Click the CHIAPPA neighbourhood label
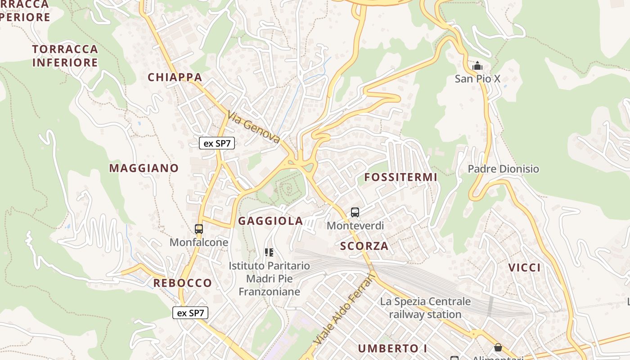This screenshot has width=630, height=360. point(175,77)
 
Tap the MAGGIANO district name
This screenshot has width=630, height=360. point(144,168)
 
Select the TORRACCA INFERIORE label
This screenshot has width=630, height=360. point(65,56)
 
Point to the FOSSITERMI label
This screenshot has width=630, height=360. point(400,177)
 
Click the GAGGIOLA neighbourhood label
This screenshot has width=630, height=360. point(270,221)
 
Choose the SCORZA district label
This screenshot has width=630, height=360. point(364,246)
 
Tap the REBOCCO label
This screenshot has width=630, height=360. point(182,283)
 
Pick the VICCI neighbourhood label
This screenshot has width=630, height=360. point(524,268)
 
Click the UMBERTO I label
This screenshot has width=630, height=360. point(392,348)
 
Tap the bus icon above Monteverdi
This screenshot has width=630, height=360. point(355,212)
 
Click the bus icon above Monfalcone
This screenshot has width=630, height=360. point(199,229)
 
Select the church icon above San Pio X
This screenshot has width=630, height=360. point(477,66)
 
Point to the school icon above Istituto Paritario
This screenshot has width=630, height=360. point(269,252)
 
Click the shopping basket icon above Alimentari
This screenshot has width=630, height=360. point(498,347)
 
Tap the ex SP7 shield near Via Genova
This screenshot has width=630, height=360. point(217,144)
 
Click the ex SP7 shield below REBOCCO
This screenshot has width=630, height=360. point(190,313)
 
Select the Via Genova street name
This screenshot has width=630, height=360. point(254,128)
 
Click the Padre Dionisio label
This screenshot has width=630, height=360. point(503,169)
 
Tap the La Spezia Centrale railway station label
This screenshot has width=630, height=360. point(425,308)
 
